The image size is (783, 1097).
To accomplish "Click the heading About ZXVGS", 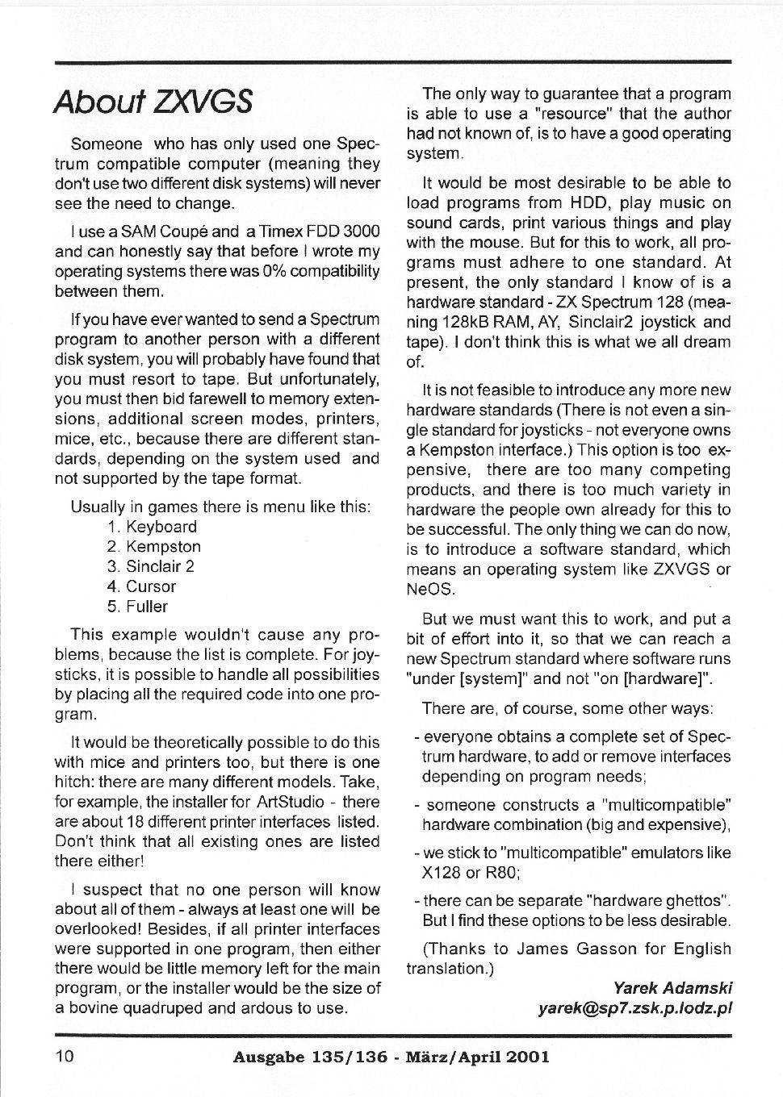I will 153,102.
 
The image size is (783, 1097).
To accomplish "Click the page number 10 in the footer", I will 65,1056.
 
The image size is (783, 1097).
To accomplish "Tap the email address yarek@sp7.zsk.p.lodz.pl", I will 634,1007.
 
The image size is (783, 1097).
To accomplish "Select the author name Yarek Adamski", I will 672,987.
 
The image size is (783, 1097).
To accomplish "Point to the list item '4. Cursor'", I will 141,586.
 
